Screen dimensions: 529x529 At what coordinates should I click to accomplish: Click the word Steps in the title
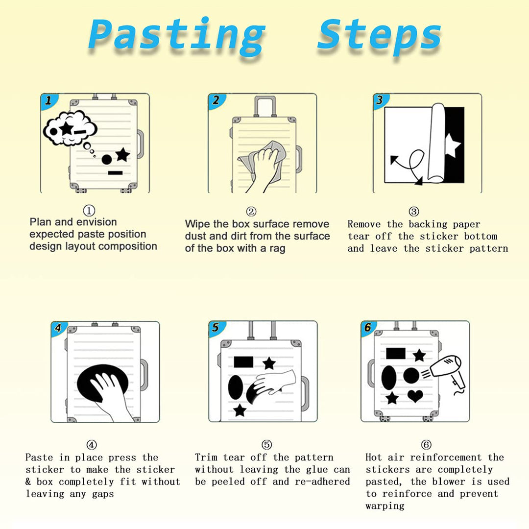(379, 35)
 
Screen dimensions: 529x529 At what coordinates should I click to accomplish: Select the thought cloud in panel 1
(70, 127)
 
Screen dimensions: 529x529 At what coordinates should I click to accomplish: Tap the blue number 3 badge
(381, 100)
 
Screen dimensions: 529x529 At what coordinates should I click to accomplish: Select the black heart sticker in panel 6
(415, 395)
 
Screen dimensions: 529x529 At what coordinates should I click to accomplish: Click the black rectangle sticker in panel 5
(243, 361)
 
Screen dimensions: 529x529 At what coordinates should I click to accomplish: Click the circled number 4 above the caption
(92, 445)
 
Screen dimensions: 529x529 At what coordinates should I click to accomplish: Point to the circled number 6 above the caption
(426, 445)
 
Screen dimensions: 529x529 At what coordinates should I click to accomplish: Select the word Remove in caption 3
(364, 224)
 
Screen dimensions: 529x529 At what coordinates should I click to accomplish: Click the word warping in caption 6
(385, 506)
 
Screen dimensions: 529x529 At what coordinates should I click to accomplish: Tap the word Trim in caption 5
(206, 457)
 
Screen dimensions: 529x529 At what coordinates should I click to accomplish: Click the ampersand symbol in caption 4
(28, 481)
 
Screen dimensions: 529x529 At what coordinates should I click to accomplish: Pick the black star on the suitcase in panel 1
(122, 155)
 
